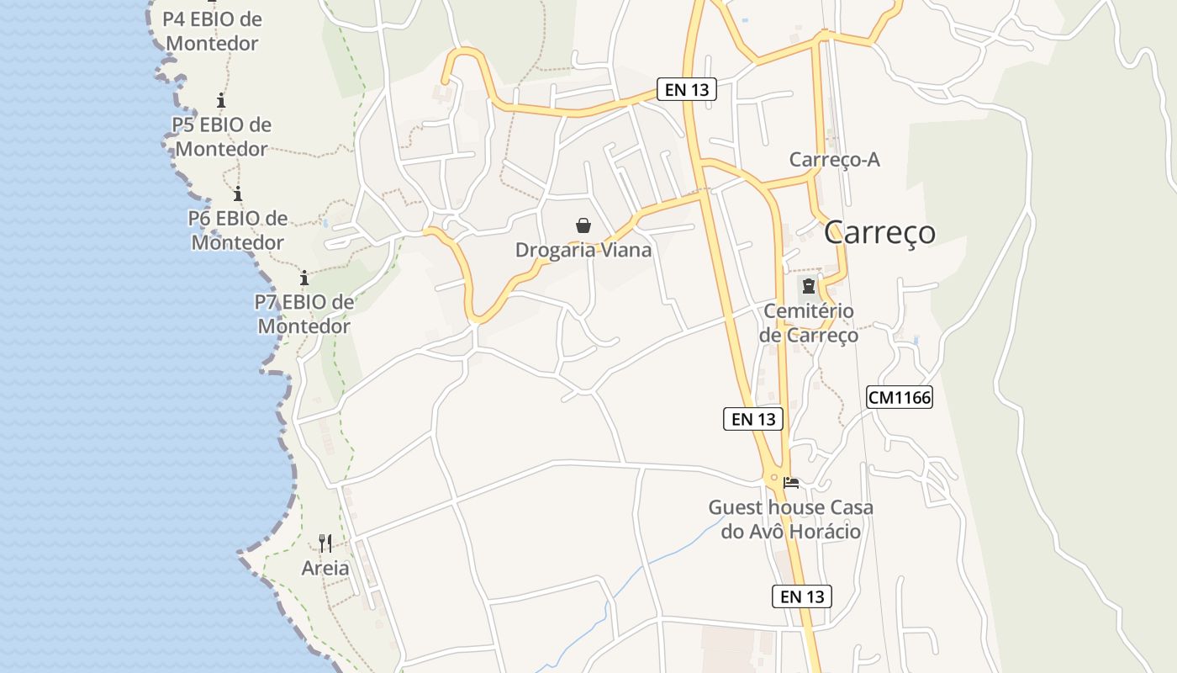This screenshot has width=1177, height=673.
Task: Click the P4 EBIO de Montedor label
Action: (212, 31)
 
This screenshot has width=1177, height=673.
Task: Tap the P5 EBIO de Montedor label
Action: (222, 136)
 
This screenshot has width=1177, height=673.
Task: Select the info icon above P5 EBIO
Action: (221, 101)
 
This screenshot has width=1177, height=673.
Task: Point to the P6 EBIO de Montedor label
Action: (238, 230)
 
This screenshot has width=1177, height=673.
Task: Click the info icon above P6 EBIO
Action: (238, 193)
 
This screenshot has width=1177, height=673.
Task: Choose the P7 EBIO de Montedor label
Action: (304, 313)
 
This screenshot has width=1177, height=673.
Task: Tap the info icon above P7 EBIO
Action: (304, 278)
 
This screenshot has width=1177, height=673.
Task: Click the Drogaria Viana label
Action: (583, 250)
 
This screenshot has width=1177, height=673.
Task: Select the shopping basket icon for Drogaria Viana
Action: (583, 225)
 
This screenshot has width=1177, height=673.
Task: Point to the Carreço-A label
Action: (835, 160)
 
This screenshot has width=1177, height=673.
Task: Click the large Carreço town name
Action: (879, 231)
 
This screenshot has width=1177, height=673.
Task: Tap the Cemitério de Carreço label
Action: (809, 323)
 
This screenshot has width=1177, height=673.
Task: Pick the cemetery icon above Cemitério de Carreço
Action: (809, 286)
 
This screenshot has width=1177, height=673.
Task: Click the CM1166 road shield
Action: (900, 397)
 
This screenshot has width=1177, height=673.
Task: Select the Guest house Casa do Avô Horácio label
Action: (791, 519)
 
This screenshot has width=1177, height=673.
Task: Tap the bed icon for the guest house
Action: (791, 483)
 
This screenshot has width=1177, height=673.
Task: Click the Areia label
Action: (325, 568)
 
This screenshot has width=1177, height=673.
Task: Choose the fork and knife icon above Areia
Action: (325, 543)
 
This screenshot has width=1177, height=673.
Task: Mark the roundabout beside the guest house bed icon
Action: (774, 478)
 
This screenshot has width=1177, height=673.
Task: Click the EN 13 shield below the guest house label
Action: (802, 596)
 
